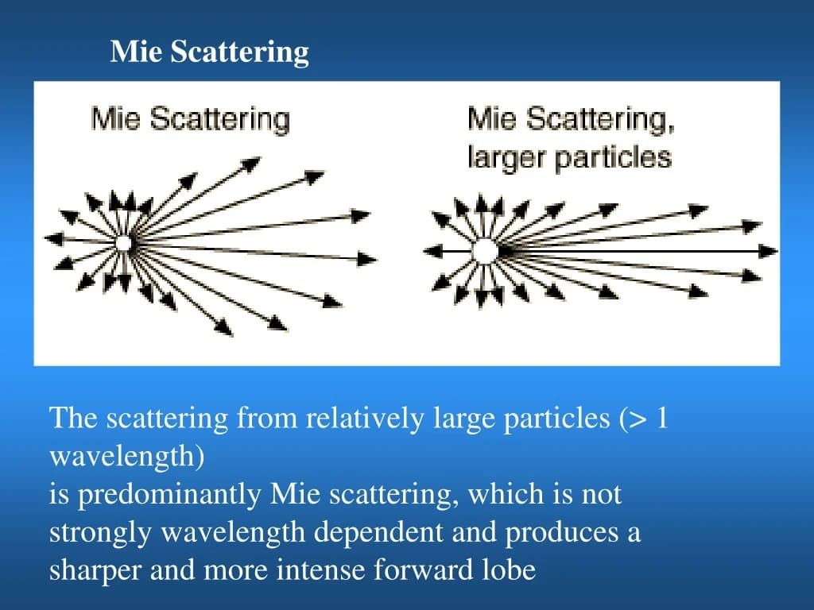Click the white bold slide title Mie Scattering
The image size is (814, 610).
click(x=209, y=52)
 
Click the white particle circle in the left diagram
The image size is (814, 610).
click(x=123, y=243)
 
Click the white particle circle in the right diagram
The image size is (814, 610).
click(x=484, y=252)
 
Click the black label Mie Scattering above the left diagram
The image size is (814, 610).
click(x=191, y=119)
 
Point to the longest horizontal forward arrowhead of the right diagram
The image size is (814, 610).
click(x=769, y=252)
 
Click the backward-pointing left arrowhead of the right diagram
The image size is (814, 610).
click(x=432, y=252)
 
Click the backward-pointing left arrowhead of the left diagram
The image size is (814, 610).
click(x=53, y=238)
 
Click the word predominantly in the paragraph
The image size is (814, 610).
click(x=169, y=495)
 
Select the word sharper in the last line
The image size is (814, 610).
click(x=95, y=571)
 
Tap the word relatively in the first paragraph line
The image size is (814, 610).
click(x=364, y=418)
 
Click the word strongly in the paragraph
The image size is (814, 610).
click(x=100, y=533)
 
